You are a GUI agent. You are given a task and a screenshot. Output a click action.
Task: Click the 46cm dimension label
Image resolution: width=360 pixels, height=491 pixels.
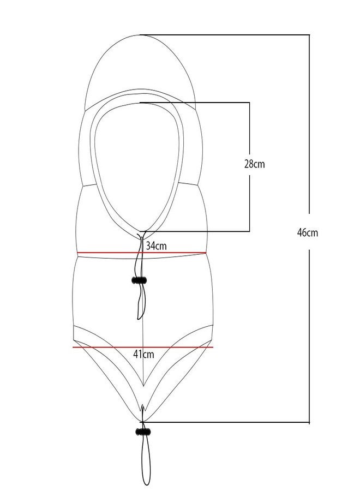click(307, 232)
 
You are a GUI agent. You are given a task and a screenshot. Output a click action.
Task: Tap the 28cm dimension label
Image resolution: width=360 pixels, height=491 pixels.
click(254, 164)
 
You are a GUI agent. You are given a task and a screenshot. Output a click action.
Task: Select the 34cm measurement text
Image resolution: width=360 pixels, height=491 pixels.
click(156, 245)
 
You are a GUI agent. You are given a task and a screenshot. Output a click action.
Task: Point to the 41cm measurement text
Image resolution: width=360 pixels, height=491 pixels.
click(143, 354)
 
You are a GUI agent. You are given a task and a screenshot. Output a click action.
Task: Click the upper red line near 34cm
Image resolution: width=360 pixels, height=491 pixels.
click(141, 253)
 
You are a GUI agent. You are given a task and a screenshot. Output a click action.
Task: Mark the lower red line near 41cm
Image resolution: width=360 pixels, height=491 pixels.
click(143, 347)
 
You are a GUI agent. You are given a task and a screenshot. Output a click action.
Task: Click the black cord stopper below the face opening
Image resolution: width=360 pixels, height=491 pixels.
click(139, 280)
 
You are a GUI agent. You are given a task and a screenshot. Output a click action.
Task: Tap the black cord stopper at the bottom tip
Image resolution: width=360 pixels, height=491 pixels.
click(143, 432)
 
